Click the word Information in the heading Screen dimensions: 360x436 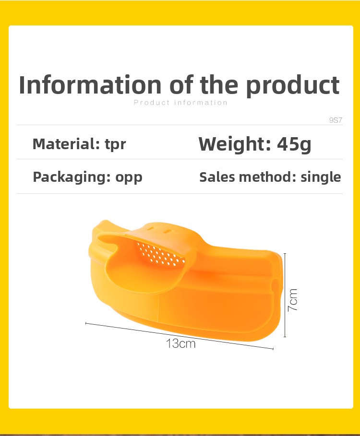click(90, 84)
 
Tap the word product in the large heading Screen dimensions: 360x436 click(293, 86)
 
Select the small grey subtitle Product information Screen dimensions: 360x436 click(180, 103)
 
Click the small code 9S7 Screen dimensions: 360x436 click(336, 120)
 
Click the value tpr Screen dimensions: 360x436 click(116, 145)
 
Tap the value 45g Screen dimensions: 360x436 click(294, 145)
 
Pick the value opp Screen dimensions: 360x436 click(129, 178)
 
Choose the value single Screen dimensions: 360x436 click(321, 177)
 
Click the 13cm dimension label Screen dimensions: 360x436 click(181, 343)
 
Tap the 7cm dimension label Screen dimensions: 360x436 click(293, 300)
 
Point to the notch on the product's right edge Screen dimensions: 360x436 click(275, 286)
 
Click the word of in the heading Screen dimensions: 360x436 click(181, 84)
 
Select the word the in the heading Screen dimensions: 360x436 click(219, 84)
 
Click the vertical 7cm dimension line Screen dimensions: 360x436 click(285, 295)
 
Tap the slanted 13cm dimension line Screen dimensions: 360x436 click(180, 336)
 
